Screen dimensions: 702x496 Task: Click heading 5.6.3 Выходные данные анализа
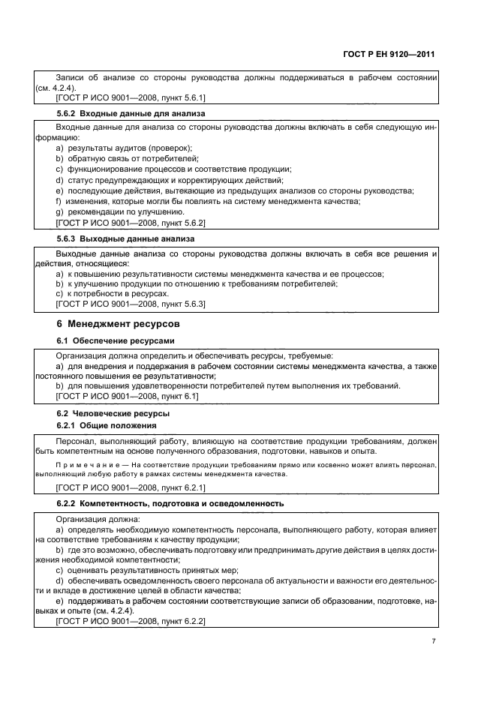pos(125,239)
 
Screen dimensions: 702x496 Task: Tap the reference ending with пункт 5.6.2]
pos(131,223)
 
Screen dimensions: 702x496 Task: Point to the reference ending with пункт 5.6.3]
pos(131,305)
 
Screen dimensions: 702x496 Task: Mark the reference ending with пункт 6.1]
pos(127,396)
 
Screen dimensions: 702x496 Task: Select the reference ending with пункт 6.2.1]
pos(131,487)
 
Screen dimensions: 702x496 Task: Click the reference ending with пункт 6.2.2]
pos(131,622)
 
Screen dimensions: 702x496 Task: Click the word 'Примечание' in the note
pos(86,465)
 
